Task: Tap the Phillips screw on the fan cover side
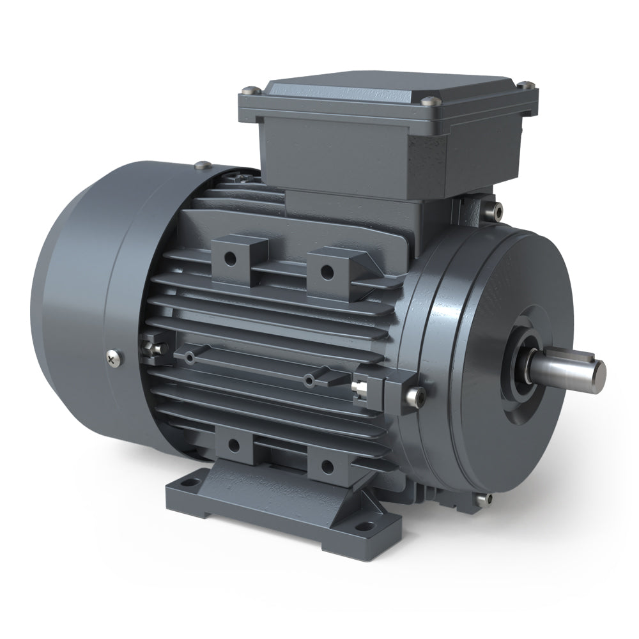click(x=114, y=358)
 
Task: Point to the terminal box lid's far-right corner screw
click(x=526, y=84)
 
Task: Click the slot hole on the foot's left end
click(x=187, y=482)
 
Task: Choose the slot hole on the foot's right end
click(x=364, y=527)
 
